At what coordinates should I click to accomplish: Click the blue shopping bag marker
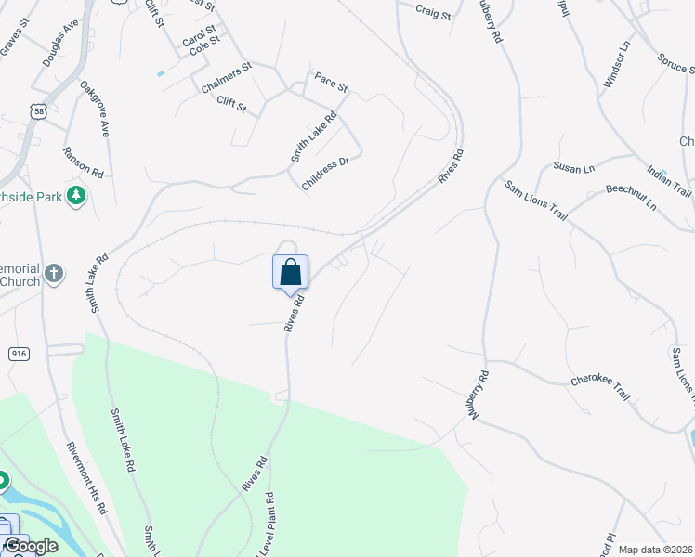pyautogui.click(x=290, y=272)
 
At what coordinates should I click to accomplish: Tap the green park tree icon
pyautogui.click(x=78, y=195)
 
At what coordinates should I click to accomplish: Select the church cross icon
pyautogui.click(x=55, y=274)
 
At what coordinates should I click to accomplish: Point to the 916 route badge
pyautogui.click(x=19, y=354)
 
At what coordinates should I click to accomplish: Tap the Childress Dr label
pyautogui.click(x=325, y=174)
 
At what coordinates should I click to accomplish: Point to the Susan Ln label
pyautogui.click(x=573, y=167)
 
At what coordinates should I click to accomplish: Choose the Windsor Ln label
pyautogui.click(x=617, y=66)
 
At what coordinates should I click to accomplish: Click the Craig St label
pyautogui.click(x=433, y=14)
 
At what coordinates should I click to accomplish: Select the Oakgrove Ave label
pyautogui.click(x=96, y=109)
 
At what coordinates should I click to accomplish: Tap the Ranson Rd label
pyautogui.click(x=84, y=162)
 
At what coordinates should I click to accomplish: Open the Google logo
pyautogui.click(x=30, y=546)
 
